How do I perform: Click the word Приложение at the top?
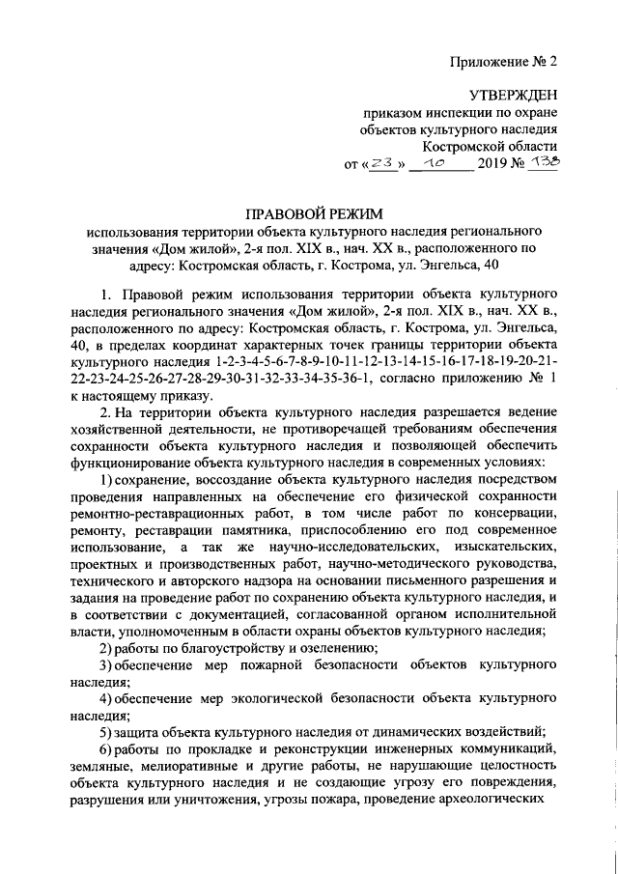tap(489, 62)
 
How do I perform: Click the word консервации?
tap(513, 516)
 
